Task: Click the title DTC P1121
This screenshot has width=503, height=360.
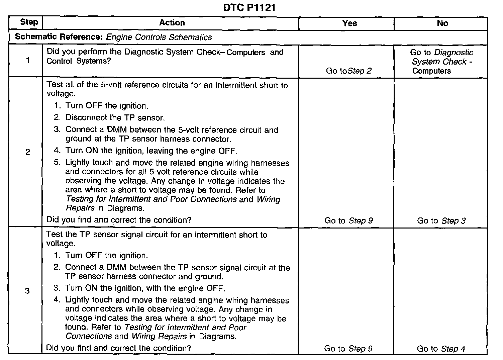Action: coord(249,8)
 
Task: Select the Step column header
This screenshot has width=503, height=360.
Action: coord(29,22)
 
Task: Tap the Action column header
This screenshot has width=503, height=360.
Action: coord(172,23)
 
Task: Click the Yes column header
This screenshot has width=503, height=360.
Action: coord(349,23)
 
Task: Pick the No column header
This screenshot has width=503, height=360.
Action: coord(442,23)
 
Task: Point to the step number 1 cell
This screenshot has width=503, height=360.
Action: coord(27,61)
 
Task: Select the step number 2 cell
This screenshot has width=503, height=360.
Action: coord(27,152)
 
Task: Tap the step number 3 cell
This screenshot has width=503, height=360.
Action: coord(27,291)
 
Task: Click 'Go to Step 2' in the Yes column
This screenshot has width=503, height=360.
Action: coord(349,71)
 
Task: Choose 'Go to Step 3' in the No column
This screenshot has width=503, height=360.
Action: coord(441,221)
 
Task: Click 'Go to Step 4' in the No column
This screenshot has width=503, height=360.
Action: coord(441,349)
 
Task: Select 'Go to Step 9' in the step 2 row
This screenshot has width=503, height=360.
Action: coord(348,221)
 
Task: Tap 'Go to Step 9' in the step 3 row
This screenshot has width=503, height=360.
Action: coord(348,349)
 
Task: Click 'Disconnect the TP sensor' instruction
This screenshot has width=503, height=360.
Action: coord(115,118)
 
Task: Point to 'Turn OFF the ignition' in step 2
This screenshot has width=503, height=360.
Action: coord(106,106)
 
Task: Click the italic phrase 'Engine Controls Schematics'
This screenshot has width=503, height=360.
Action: coord(159,37)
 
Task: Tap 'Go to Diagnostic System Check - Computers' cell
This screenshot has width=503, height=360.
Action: coord(441,62)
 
